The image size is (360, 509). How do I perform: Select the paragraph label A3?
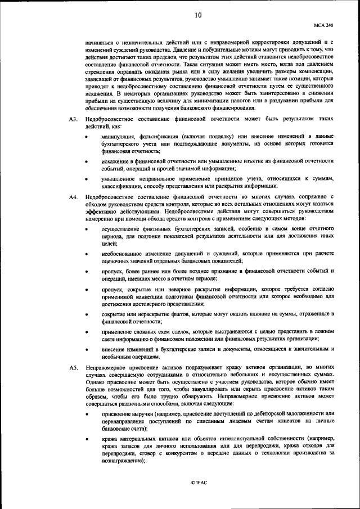(73, 120)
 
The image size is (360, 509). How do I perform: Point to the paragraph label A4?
(73, 197)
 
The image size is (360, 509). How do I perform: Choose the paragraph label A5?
(73, 367)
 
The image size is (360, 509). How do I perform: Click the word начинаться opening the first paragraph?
(99, 43)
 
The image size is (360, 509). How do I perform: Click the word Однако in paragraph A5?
(95, 381)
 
